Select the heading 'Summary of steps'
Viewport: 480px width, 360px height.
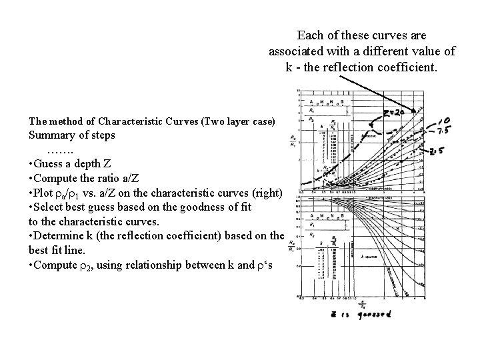(72, 135)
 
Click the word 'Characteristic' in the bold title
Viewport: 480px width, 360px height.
(131, 121)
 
